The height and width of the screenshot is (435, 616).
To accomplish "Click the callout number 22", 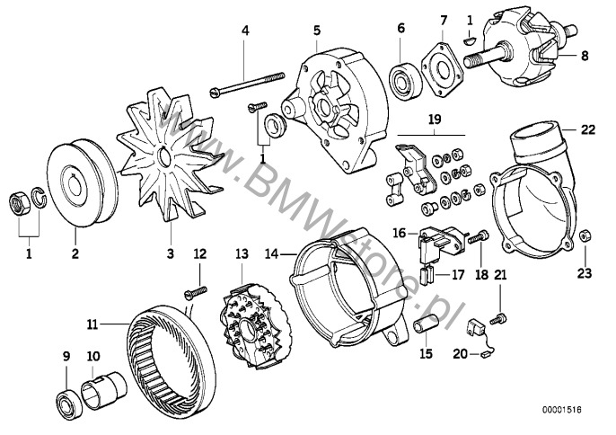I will point(587,129).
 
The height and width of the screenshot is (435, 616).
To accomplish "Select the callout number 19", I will point(435,118).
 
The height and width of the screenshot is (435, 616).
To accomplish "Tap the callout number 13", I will point(240,254).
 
